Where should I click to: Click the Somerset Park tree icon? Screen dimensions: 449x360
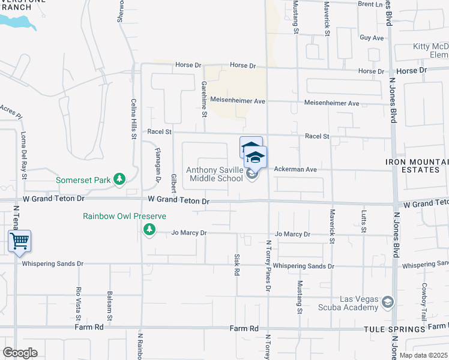tap(120, 179)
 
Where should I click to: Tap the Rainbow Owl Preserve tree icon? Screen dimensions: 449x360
tap(149, 229)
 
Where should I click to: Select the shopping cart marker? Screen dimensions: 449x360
tap(20, 242)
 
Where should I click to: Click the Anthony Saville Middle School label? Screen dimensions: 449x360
tap(215, 174)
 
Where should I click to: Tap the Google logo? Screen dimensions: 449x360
tap(20, 353)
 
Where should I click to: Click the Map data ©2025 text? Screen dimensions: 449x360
tap(423, 355)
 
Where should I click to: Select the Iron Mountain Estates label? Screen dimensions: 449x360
tap(416, 166)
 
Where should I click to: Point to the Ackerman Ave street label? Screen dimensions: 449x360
tap(295, 169)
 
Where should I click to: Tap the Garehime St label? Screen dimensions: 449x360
tap(204, 98)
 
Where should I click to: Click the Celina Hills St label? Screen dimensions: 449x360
tap(133, 119)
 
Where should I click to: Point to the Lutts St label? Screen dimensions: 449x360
tap(364, 220)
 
